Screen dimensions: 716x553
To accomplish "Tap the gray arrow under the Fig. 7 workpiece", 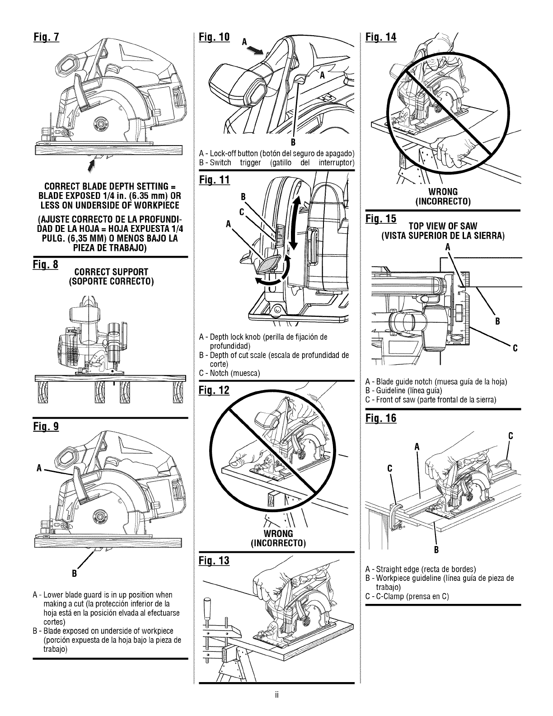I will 94,163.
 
